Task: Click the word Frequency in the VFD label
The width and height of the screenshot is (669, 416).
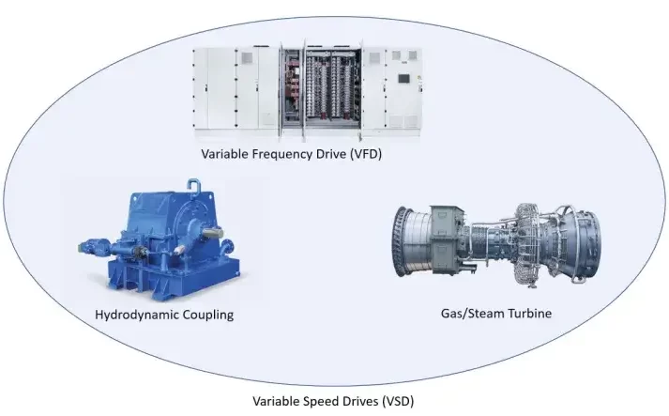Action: click(x=281, y=154)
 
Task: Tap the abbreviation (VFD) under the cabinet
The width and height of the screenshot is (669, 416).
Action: click(x=365, y=154)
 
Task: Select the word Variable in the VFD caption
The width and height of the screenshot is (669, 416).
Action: click(x=224, y=154)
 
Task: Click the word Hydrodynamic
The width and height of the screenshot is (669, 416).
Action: click(x=137, y=315)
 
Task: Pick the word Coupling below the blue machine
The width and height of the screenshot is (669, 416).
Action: click(x=208, y=316)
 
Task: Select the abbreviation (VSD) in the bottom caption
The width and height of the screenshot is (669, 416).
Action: click(x=398, y=401)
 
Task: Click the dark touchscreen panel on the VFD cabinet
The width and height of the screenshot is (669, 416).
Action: click(x=403, y=79)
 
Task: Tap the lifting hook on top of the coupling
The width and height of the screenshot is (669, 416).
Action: click(x=193, y=187)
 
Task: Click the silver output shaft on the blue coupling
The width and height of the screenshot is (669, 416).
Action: click(x=212, y=232)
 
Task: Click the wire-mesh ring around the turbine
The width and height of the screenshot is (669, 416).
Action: click(x=530, y=244)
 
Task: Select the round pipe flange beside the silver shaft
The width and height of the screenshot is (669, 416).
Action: click(x=226, y=247)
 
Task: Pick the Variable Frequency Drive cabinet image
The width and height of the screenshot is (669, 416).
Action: click(x=307, y=93)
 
